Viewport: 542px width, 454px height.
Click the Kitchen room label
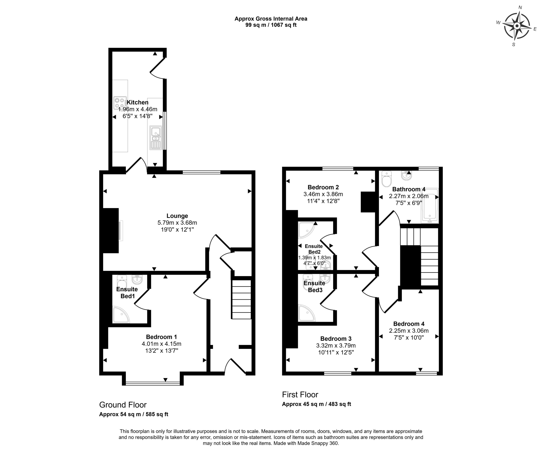click(x=137, y=102)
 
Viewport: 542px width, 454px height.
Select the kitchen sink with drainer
click(x=155, y=138)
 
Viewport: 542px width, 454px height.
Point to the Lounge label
click(x=177, y=216)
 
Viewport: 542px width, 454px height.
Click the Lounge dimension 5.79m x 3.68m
click(x=177, y=223)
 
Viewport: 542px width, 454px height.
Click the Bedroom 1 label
click(x=161, y=337)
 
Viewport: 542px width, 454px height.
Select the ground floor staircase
click(x=241, y=300)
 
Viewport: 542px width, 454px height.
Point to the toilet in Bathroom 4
click(x=386, y=179)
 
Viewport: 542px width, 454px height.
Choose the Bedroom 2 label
click(x=323, y=187)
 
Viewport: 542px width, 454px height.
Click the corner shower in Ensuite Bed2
click(x=306, y=230)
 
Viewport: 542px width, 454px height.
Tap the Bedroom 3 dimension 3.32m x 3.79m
click(x=336, y=345)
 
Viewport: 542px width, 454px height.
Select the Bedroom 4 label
click(x=409, y=324)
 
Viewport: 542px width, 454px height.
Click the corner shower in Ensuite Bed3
click(x=306, y=313)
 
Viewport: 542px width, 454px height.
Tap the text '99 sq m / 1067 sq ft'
click(x=271, y=25)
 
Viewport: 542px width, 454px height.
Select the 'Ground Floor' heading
click(x=123, y=405)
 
